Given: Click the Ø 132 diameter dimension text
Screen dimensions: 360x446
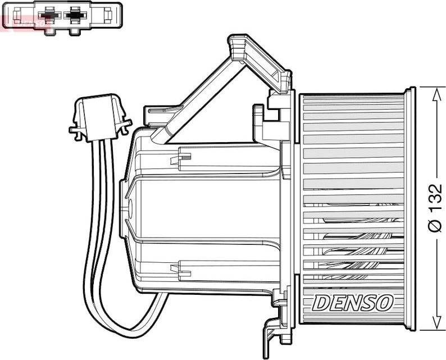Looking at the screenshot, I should point(435,208).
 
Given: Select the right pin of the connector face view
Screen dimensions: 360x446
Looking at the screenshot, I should point(74,16).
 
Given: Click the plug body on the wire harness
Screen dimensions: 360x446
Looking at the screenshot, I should point(100,115).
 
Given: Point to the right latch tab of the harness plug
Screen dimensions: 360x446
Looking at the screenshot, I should point(125,125).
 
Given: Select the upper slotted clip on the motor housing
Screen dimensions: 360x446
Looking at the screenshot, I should point(182,158).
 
